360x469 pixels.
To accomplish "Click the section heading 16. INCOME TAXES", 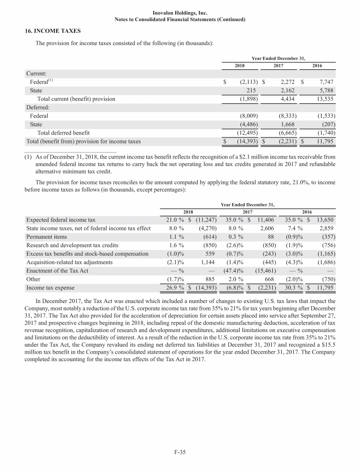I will coord(53,31).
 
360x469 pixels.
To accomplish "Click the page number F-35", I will coord(180,452).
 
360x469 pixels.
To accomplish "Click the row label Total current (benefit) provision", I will coord(76,99).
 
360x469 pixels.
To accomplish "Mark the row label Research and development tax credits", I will coord(72,245).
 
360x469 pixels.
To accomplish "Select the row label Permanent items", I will coord(46,236).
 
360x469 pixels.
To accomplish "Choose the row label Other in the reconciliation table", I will coord(34,279).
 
